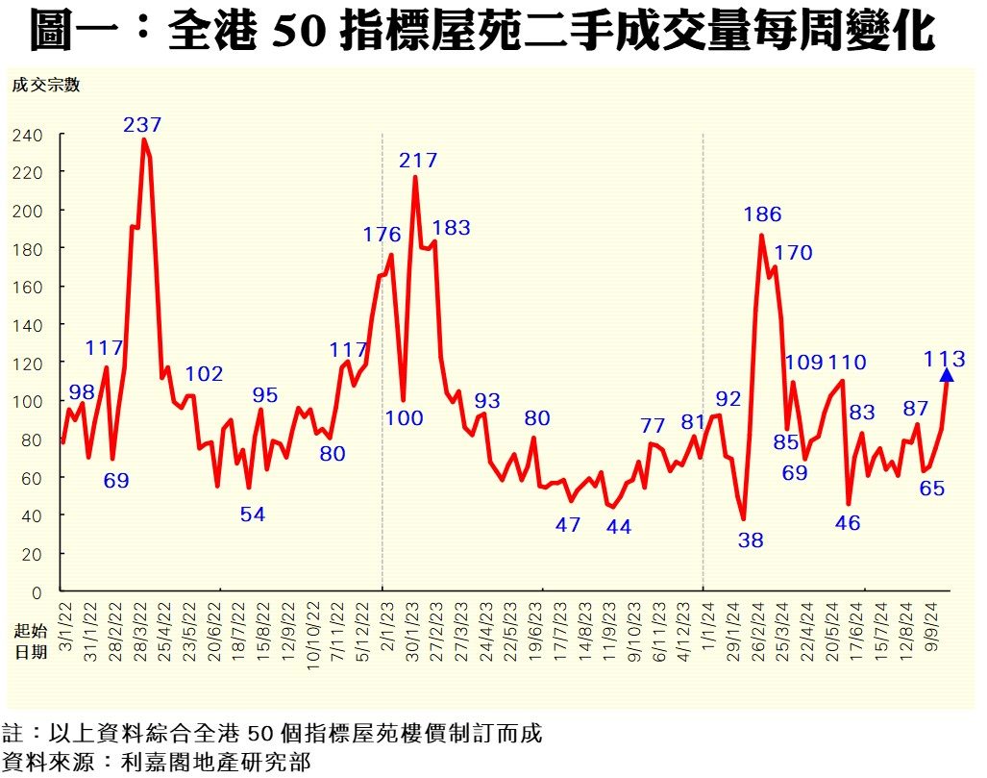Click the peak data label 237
(x=142, y=124)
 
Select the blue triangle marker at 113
(x=946, y=375)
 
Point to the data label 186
(x=762, y=214)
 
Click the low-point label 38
(x=751, y=540)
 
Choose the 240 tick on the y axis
(x=28, y=136)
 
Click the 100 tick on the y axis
(x=28, y=401)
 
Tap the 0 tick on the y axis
(x=37, y=592)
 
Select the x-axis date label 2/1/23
(x=382, y=632)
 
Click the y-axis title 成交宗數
(x=45, y=85)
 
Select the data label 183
(x=451, y=228)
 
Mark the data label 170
(x=793, y=253)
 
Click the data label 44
(x=619, y=527)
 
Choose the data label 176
(x=382, y=234)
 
